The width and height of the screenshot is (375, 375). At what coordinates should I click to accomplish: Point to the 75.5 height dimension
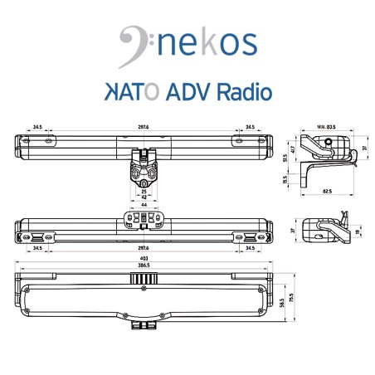coord(291,297)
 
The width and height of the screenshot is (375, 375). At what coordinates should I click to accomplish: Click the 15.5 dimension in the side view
coord(284,178)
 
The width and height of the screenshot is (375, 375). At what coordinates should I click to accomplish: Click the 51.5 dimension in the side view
coord(284,157)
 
